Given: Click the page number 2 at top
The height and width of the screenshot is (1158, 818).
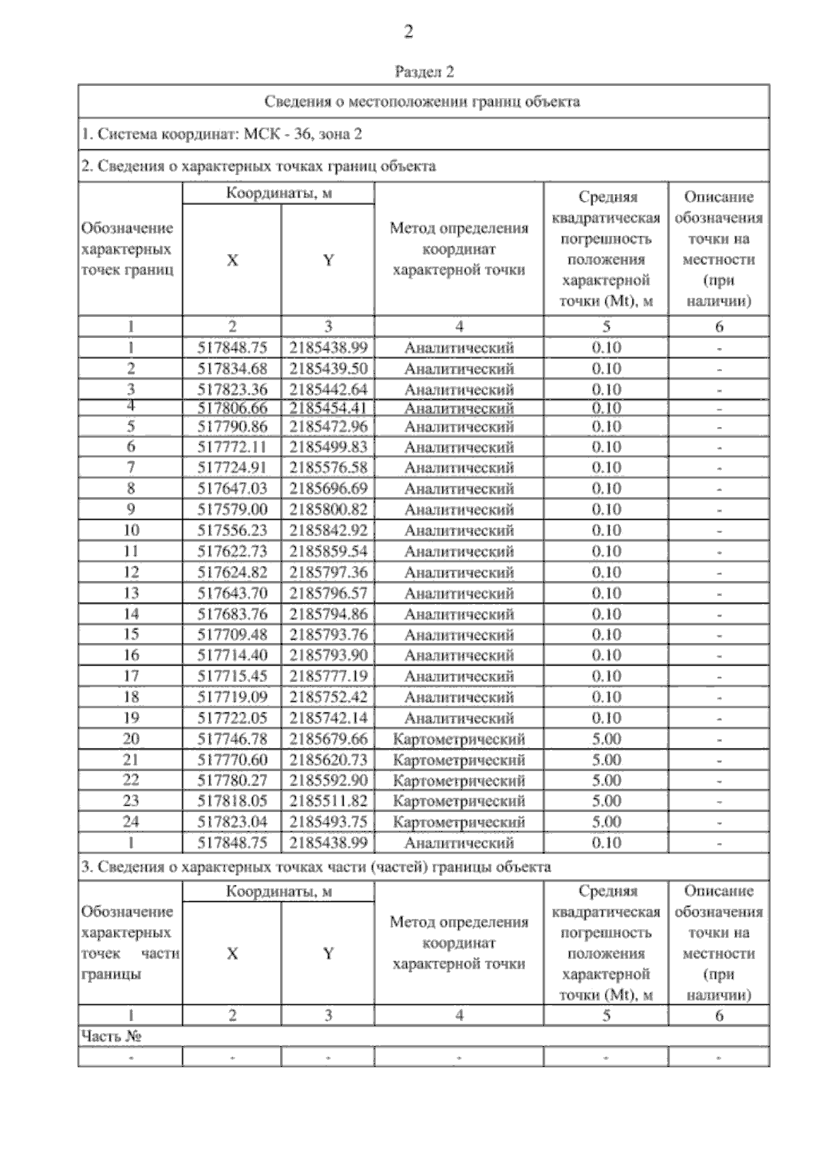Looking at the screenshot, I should [408, 32].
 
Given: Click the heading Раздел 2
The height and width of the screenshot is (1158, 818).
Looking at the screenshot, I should [424, 72].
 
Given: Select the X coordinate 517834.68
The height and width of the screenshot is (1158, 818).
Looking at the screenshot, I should [232, 369].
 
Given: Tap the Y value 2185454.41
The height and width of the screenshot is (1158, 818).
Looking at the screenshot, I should [328, 408].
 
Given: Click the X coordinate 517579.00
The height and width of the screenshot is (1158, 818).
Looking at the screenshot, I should [232, 510].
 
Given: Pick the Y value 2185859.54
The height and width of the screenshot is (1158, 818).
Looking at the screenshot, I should [328, 551].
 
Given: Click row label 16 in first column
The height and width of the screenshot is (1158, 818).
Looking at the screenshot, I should [131, 655].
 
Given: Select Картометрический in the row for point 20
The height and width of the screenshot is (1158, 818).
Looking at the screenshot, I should [459, 739].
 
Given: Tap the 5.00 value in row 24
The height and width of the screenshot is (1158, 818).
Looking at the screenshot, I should [606, 822].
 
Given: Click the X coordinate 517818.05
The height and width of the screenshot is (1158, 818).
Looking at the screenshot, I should [232, 801].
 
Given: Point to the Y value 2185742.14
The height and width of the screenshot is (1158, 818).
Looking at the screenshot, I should [328, 718].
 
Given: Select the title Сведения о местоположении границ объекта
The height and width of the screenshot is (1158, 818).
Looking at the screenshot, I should [423, 102].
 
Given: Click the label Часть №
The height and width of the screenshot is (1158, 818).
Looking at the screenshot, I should [111, 1036].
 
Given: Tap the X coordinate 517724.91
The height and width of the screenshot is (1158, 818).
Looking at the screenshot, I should [232, 467].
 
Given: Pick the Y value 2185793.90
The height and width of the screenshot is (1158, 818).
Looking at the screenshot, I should [328, 655].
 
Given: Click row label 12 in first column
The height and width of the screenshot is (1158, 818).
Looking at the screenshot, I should [131, 572].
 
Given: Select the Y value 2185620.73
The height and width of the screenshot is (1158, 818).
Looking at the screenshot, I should [328, 760].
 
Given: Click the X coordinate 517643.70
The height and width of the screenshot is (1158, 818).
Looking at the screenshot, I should [232, 593].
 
